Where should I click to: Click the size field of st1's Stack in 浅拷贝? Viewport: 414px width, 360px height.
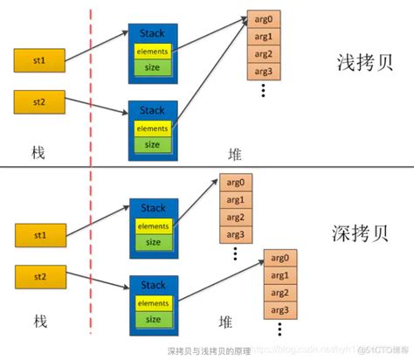point(152,68)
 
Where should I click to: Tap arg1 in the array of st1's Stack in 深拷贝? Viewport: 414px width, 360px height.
point(235,200)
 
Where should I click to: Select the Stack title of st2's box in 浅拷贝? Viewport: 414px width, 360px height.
point(153,109)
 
